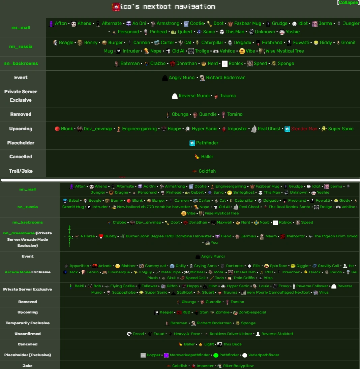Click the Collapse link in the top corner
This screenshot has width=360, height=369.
click(x=348, y=3)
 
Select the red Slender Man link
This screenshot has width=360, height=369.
click(x=304, y=129)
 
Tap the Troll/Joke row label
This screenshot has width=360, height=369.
click(x=21, y=171)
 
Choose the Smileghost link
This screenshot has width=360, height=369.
click(x=244, y=193)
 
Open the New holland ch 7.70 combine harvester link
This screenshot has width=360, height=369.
click(x=153, y=207)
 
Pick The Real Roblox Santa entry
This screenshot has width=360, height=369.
click(x=289, y=207)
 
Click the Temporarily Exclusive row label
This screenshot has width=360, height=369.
click(x=28, y=323)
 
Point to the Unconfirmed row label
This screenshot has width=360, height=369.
click(x=28, y=334)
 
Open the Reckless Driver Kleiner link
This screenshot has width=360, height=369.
click(x=231, y=334)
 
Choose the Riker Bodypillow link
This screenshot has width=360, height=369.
click(x=238, y=366)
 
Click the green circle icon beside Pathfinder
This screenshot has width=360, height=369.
click(x=216, y=355)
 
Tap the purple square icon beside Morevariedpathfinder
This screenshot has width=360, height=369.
click(x=166, y=355)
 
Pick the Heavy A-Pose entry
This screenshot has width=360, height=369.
click(x=187, y=334)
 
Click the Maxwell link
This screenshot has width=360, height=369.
click(x=224, y=223)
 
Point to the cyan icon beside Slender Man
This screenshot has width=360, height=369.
click(x=287, y=129)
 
